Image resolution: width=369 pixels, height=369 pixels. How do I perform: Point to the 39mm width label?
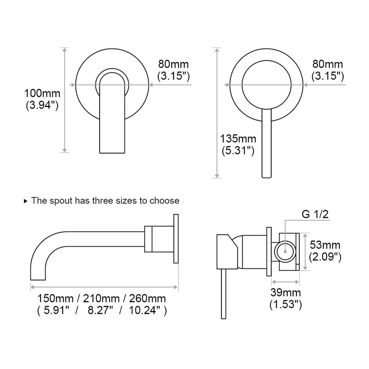[x=286, y=292]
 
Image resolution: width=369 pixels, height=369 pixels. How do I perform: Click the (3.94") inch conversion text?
[x=42, y=105]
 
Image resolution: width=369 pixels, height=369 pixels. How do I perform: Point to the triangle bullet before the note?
[x=25, y=201]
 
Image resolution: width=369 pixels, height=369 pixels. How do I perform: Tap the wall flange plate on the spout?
[x=175, y=239]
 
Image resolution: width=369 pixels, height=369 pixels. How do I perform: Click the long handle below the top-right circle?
[x=267, y=143]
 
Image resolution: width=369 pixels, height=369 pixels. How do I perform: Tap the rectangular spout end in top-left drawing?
[x=113, y=134]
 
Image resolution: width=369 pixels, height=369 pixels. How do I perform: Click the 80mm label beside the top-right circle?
[x=327, y=64]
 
